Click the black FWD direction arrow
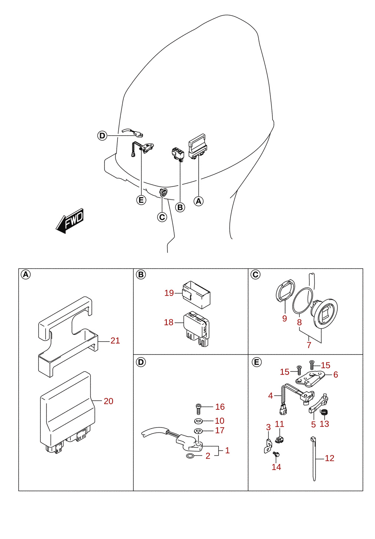coord(70,221)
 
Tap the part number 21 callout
coord(115,340)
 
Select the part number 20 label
coord(108,401)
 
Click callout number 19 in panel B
coord(169,293)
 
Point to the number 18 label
coord(169,322)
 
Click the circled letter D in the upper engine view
coord(102,136)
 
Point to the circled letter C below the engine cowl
coord(162,217)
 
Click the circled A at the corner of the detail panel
coord(26,274)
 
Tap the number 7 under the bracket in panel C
coord(309,345)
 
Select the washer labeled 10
coord(198,421)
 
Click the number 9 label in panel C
coord(285,318)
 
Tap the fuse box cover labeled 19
coord(196,295)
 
